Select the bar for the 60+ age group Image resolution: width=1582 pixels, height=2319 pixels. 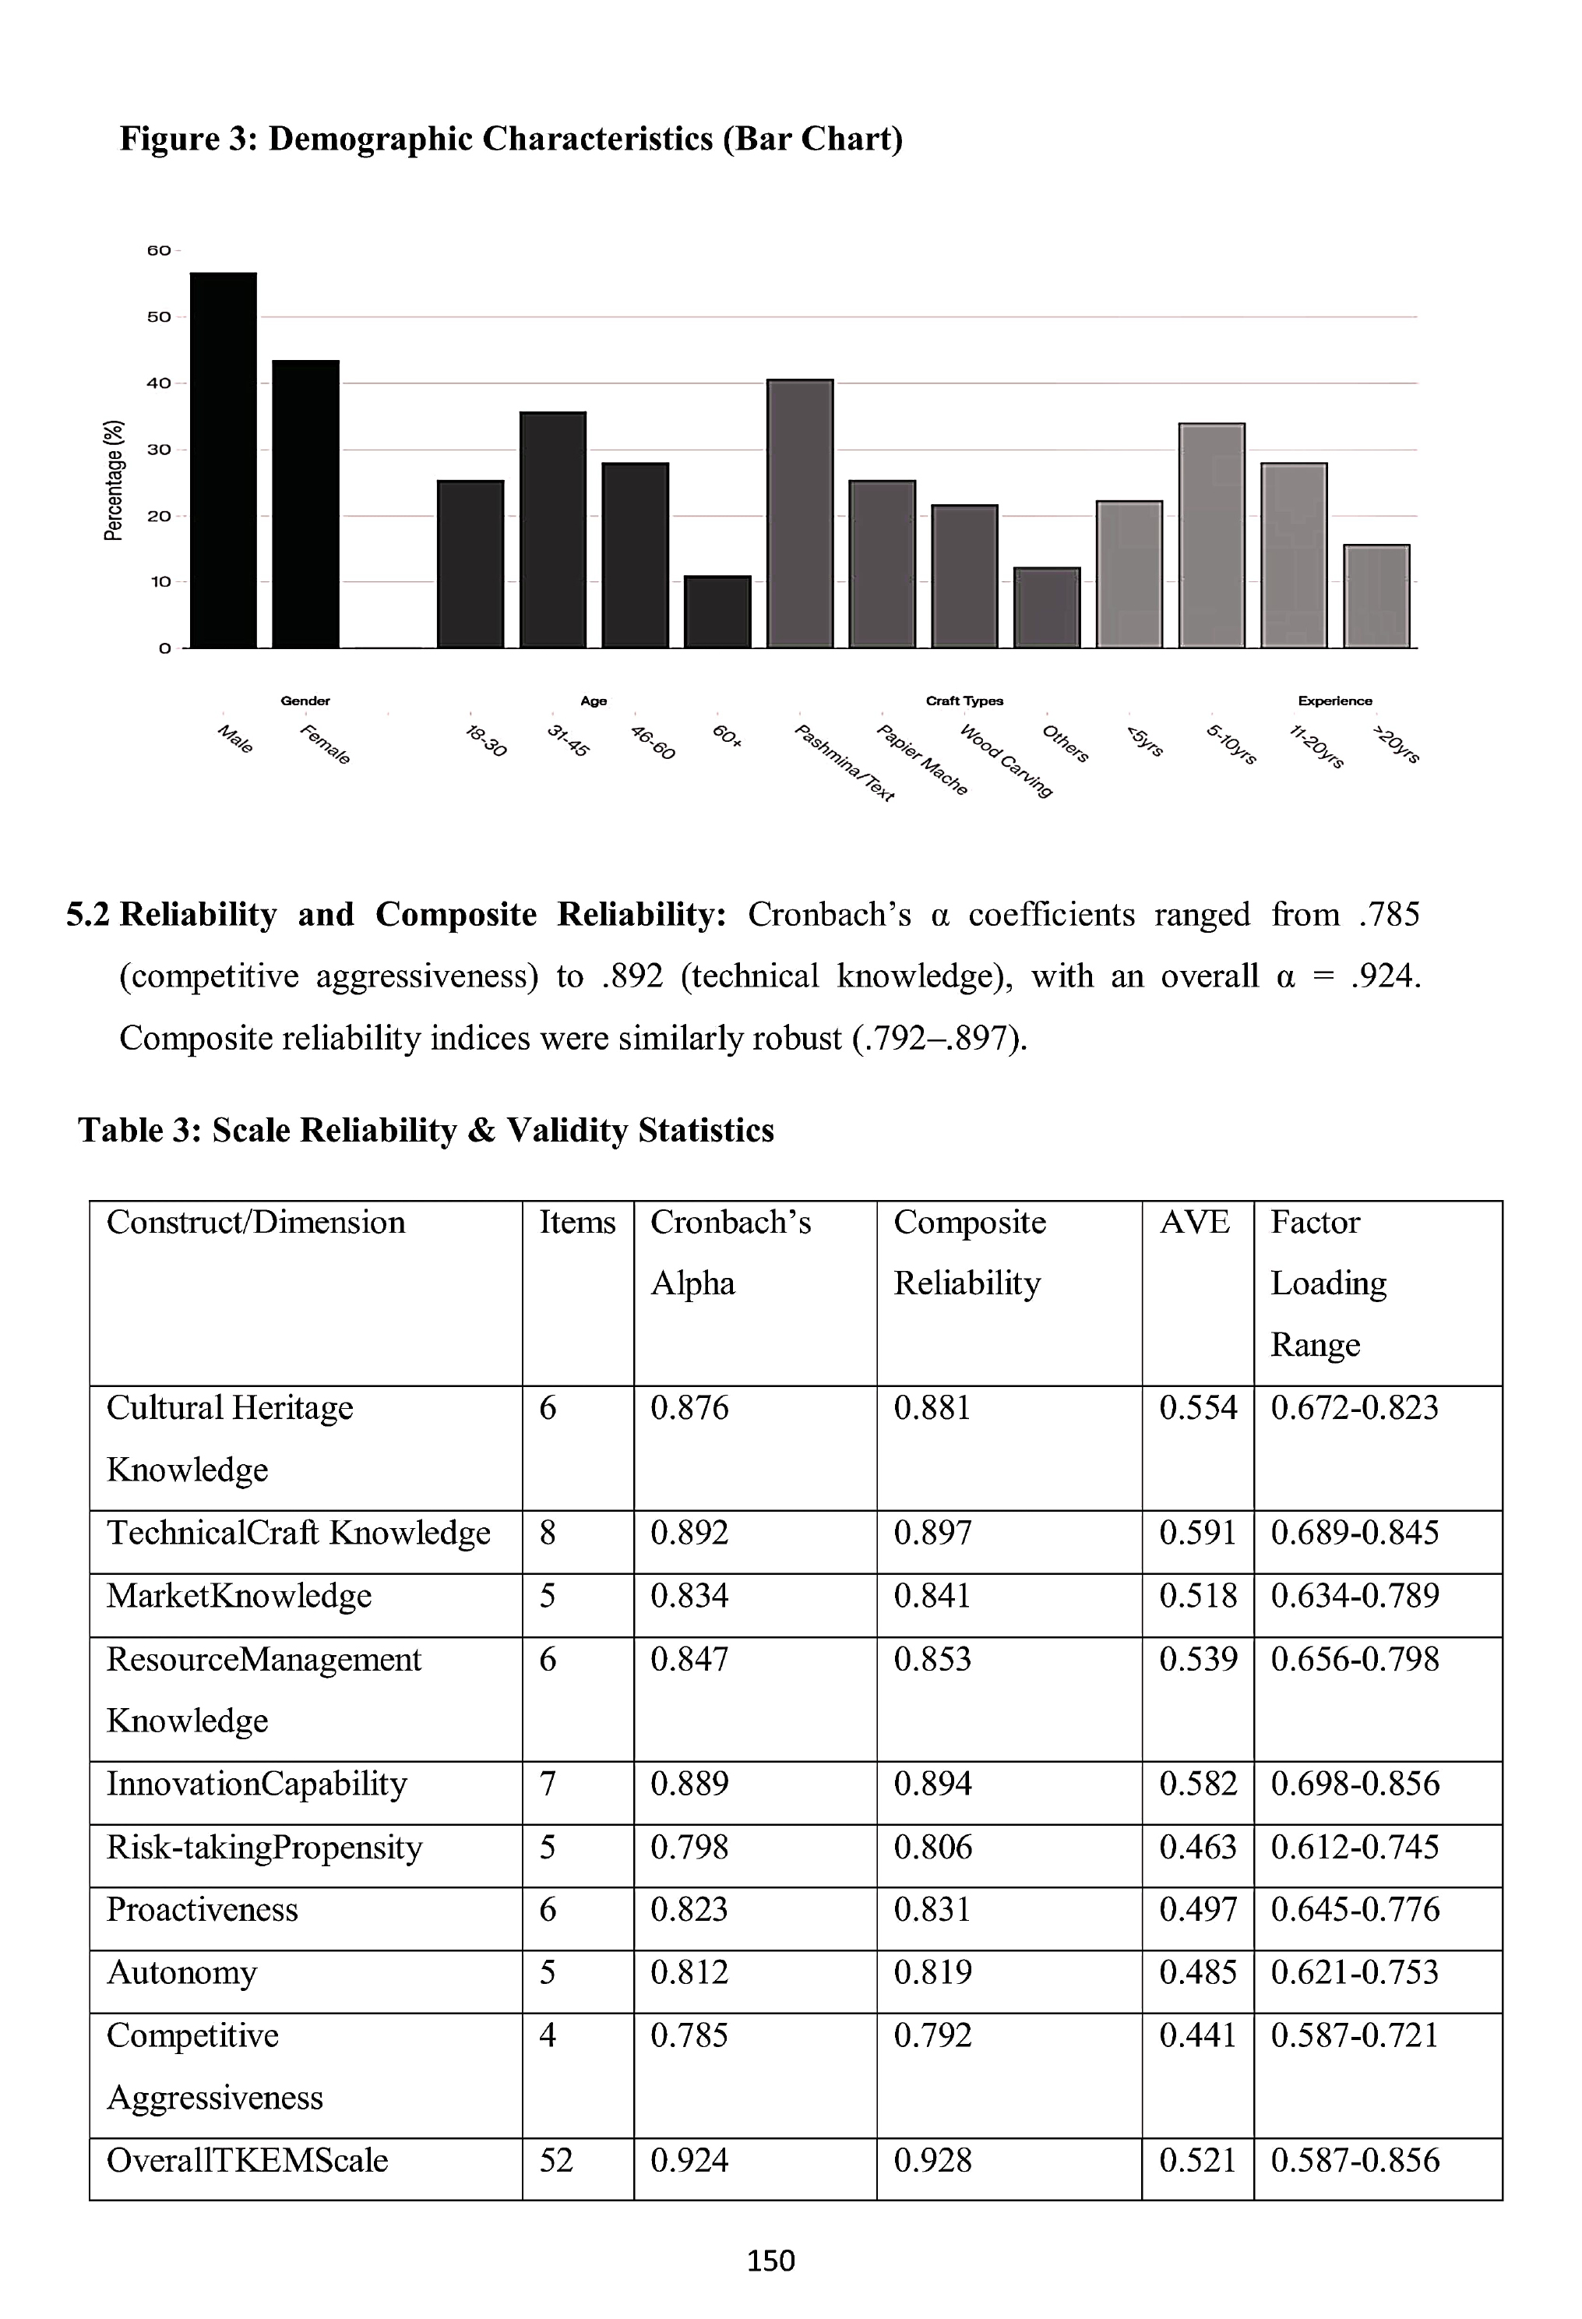click(717, 612)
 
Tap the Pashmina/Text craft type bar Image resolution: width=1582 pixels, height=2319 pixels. click(800, 514)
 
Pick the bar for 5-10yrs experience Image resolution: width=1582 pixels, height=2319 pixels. click(1212, 536)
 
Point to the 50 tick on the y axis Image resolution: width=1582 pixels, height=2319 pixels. click(160, 317)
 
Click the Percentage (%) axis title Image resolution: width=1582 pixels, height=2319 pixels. click(115, 480)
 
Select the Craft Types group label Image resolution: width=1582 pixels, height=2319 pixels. click(964, 701)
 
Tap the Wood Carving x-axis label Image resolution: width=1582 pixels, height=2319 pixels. click(1006, 761)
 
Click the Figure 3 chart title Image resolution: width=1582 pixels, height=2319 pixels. click(511, 139)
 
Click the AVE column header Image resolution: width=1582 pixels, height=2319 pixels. click(1194, 1223)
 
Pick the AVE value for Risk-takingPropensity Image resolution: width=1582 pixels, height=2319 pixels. click(1197, 1847)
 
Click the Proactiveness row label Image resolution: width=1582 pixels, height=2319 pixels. click(203, 1909)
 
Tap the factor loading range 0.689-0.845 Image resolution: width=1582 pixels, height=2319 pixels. click(1355, 1532)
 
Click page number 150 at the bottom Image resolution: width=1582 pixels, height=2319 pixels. click(771, 2260)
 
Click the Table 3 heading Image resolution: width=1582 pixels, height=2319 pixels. click(426, 1130)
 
